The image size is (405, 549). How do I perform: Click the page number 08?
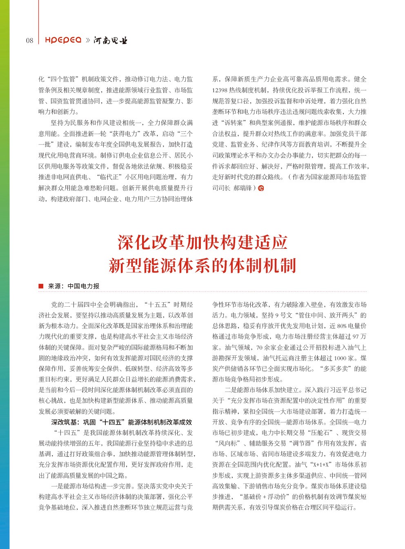29,40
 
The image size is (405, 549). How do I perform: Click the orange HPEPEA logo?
63,40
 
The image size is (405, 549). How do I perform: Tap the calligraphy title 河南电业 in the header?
110,40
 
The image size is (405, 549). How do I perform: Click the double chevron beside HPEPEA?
88,40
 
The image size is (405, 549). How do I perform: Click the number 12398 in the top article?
220,90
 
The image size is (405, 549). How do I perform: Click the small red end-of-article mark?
261,188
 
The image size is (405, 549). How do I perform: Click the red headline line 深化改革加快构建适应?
202,242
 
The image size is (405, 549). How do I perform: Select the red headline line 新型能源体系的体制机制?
202,266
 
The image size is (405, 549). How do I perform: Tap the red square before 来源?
41,286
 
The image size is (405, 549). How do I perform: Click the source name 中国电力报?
83,286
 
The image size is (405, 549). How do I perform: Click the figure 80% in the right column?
341,326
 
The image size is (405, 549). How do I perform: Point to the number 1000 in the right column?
340,358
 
